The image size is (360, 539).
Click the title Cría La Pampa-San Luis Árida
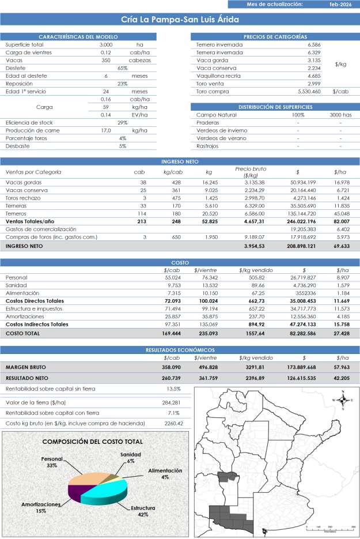[180, 20]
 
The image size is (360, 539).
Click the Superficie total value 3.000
[106, 44]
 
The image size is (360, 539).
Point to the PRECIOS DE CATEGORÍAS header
[275, 36]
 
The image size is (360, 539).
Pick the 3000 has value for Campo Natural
[340, 115]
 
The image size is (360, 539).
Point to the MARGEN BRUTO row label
[26, 367]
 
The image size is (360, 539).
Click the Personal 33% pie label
[51, 462]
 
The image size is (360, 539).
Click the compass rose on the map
[343, 399]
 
